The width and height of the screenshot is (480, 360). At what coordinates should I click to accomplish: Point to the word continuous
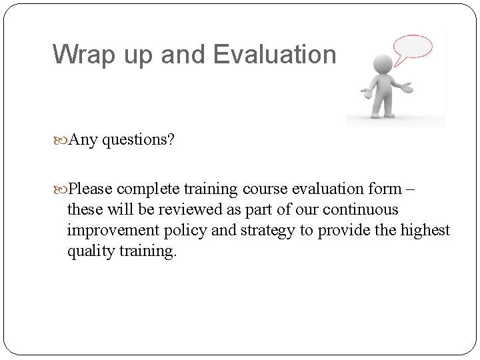(365, 209)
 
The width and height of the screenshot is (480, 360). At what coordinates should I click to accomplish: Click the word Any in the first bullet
(82, 140)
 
